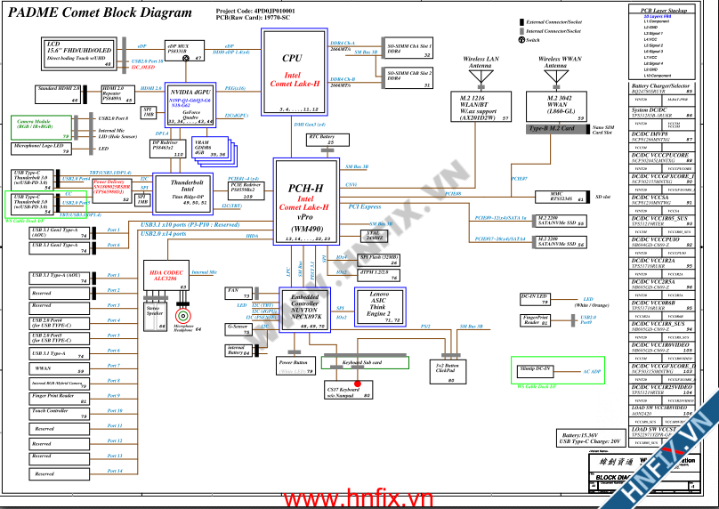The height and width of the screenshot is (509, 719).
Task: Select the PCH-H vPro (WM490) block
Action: point(306,203)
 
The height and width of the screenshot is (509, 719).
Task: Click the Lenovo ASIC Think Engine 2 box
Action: point(379,305)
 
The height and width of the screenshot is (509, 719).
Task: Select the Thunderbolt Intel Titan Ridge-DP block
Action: point(181,191)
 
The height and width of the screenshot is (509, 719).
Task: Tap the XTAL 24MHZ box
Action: point(376,236)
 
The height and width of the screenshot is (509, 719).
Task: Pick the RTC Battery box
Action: point(320,139)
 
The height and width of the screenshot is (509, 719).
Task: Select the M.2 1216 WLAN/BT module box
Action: point(479,107)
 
